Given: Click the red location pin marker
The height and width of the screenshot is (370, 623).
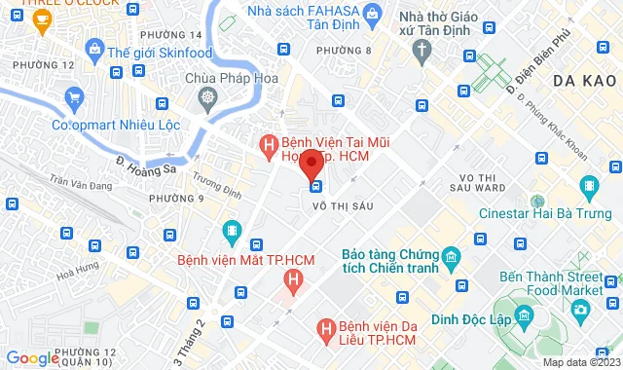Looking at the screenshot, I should [x=311, y=163].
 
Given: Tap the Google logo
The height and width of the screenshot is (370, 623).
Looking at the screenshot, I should [x=32, y=358].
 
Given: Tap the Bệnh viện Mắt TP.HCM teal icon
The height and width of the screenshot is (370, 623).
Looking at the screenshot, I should [x=232, y=231].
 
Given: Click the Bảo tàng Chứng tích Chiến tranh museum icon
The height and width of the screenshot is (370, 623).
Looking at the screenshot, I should [x=450, y=257].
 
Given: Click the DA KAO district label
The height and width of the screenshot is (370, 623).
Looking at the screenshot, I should [x=582, y=83].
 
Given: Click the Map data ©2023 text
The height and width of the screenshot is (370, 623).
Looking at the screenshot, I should [x=580, y=362].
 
